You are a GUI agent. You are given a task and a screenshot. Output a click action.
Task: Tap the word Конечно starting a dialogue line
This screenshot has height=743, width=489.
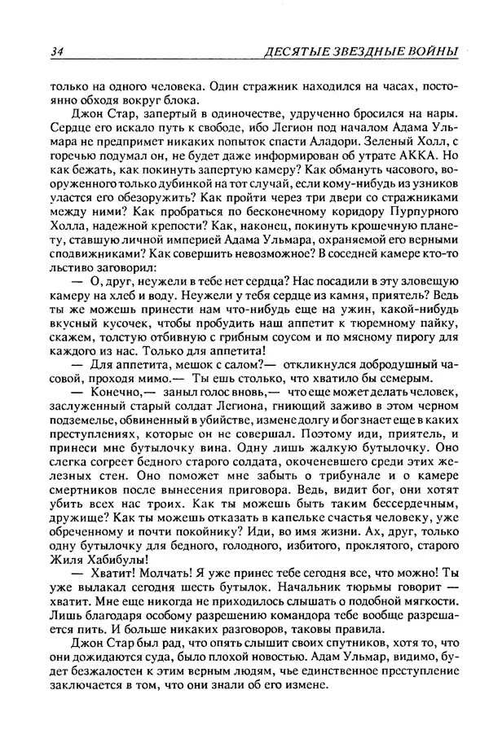click(x=104, y=397)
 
